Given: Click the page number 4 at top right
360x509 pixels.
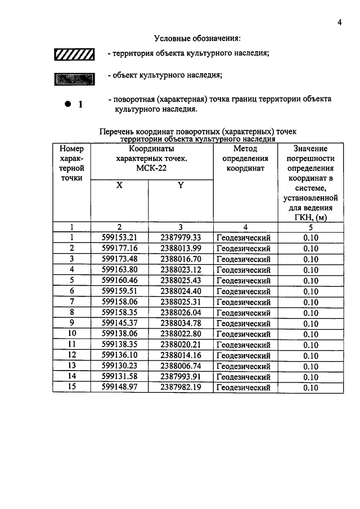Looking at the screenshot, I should tap(340, 22).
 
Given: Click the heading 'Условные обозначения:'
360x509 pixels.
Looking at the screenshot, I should tap(197, 39).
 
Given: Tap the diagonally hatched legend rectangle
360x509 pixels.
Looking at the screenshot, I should tap(73, 55).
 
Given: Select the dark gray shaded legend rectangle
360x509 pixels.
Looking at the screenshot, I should tap(73, 78).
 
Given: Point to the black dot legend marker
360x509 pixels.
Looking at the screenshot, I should tap(68, 104).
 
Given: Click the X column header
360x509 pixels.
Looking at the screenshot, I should tap(119, 185).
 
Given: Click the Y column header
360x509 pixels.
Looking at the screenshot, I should tap(181, 185).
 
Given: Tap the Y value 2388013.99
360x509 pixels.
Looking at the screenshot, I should tap(181, 249).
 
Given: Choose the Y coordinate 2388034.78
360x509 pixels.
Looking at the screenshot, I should tap(181, 323).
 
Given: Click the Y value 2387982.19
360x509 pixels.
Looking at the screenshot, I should tap(181, 387).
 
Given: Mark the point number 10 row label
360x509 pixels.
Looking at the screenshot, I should tap(71, 334).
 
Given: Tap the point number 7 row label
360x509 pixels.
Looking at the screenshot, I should tap(71, 302).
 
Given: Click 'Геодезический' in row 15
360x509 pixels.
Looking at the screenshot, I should tap(244, 388).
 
